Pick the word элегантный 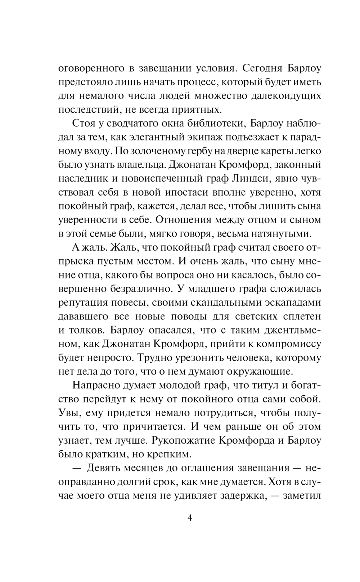coord(155,137)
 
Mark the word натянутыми coord(278,234)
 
